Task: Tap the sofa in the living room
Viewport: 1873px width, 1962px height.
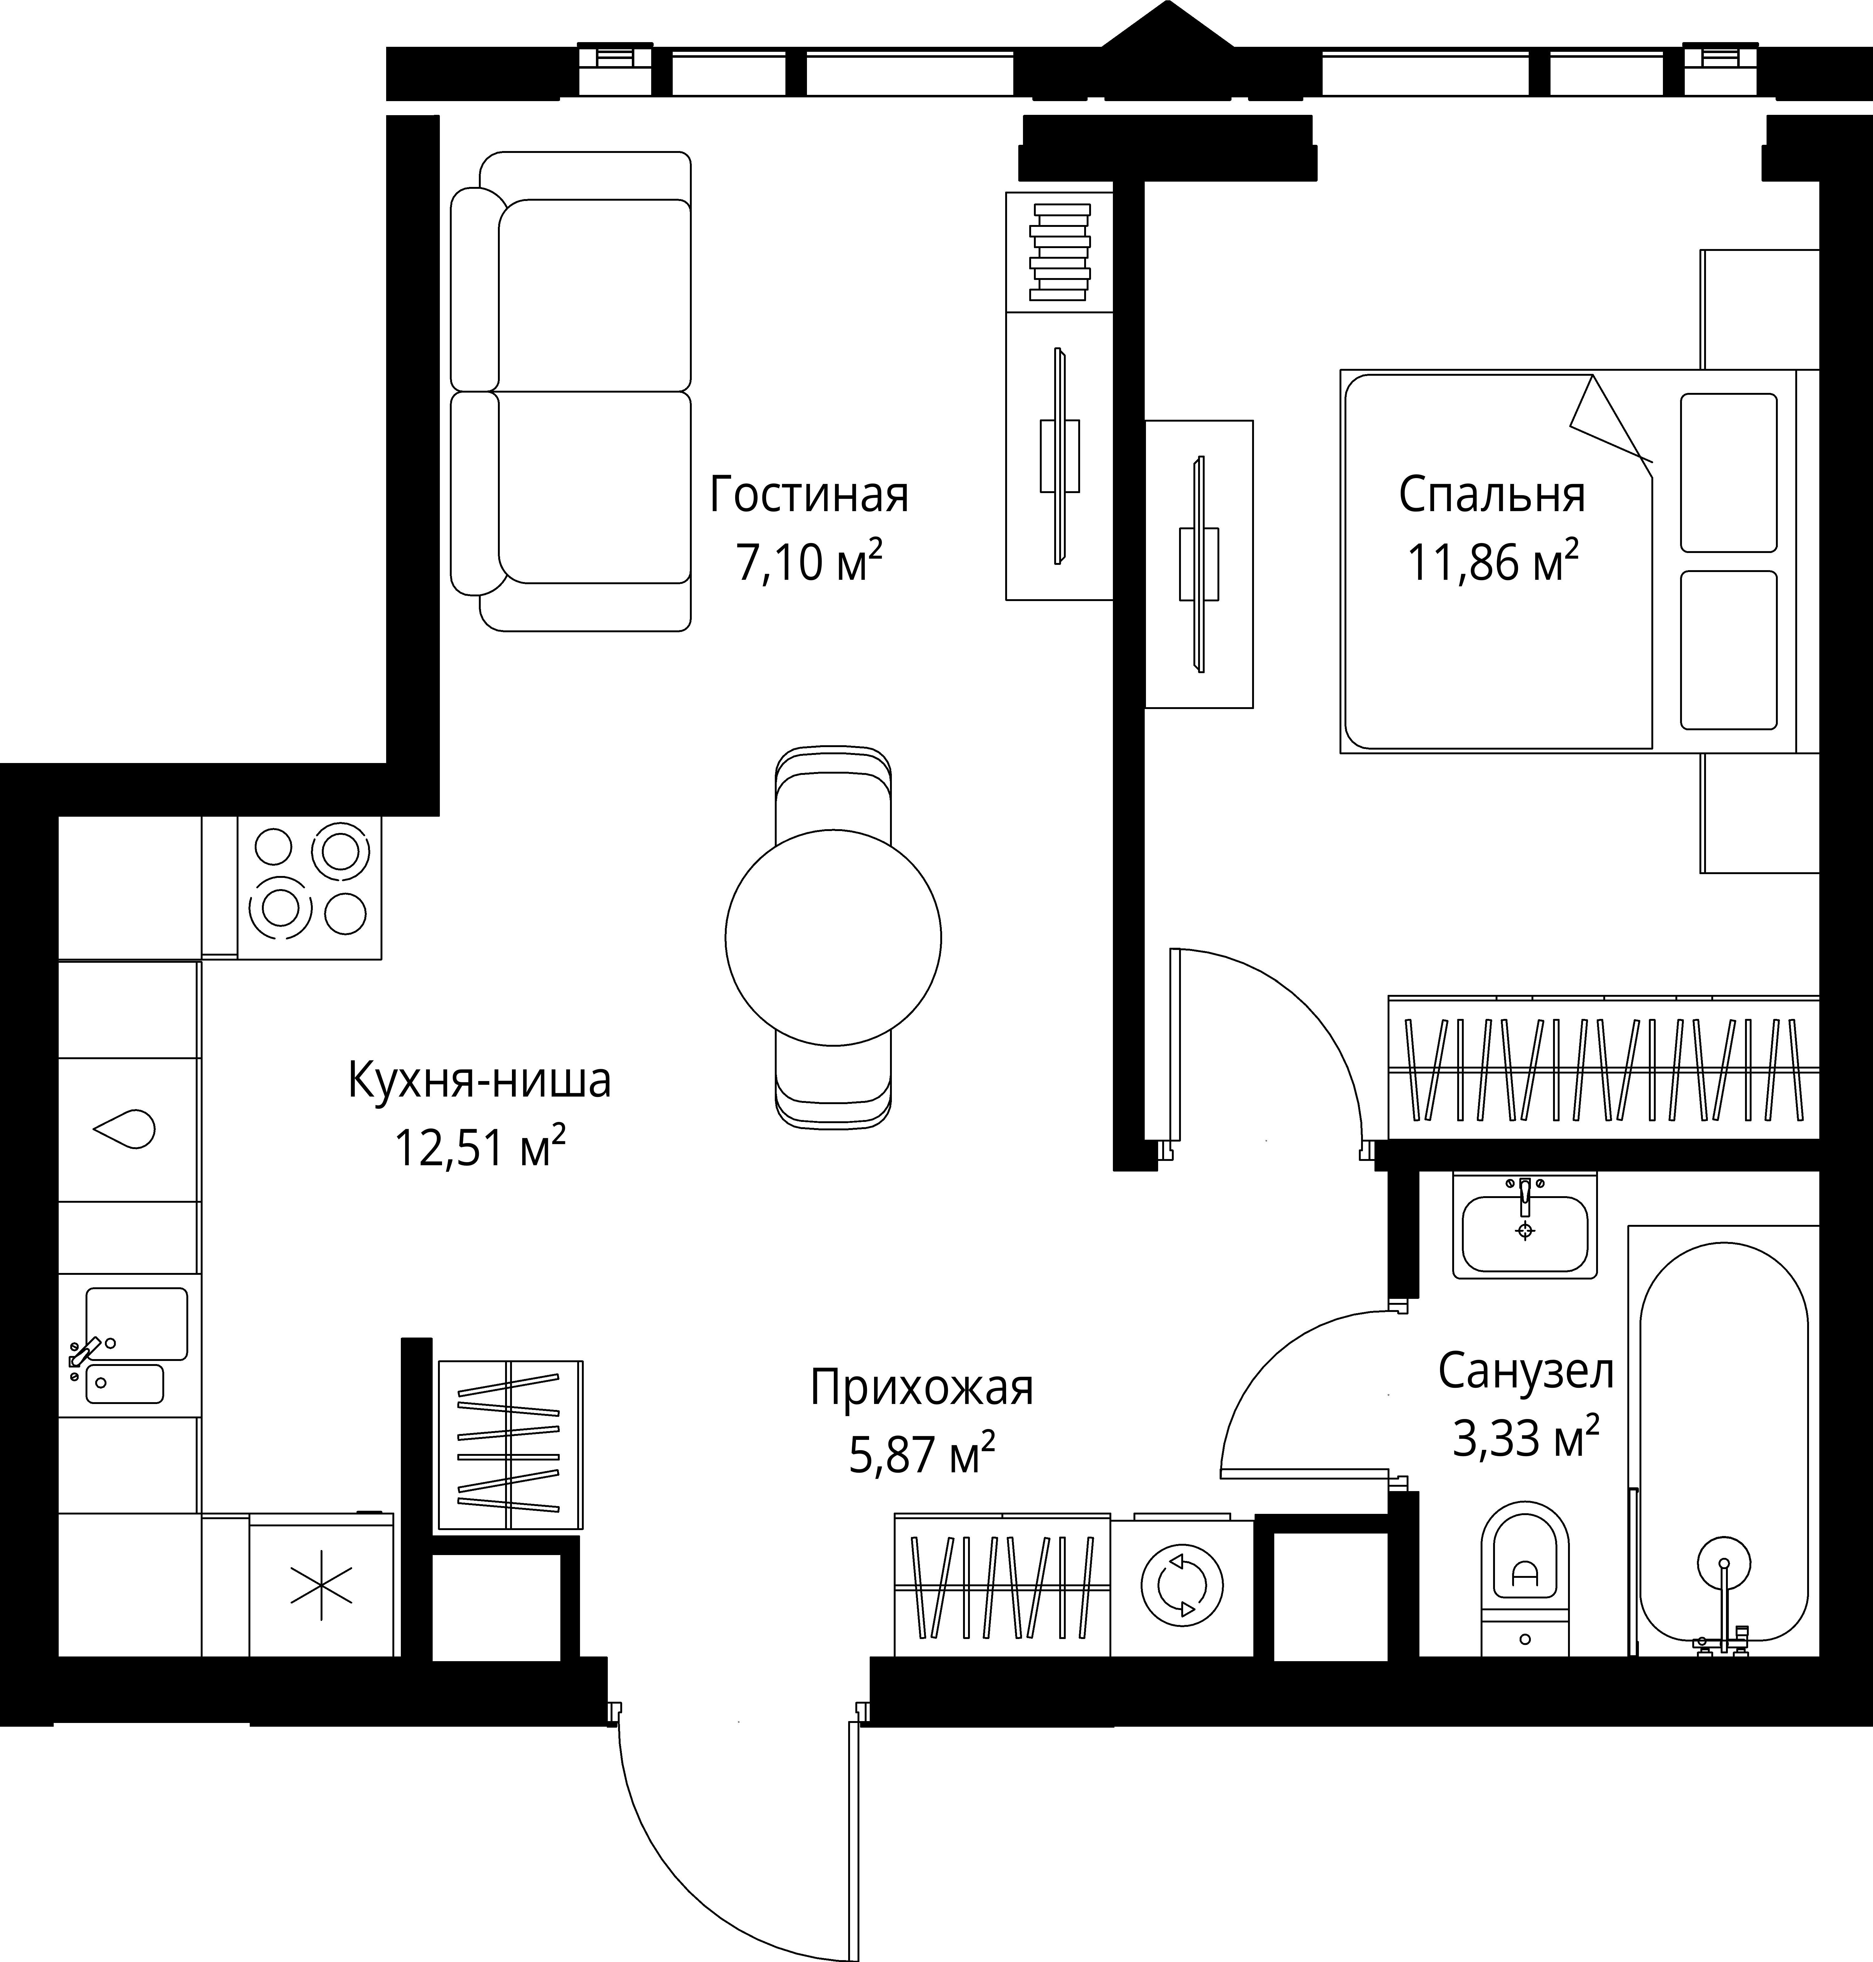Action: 570,391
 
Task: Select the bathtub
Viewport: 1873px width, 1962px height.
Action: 1723,1441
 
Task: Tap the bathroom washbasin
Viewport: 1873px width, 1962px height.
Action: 1525,1226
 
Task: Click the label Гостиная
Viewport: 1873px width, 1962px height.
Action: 809,495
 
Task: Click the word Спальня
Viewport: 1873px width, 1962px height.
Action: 1492,495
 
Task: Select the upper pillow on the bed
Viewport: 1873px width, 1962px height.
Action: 1728,472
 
